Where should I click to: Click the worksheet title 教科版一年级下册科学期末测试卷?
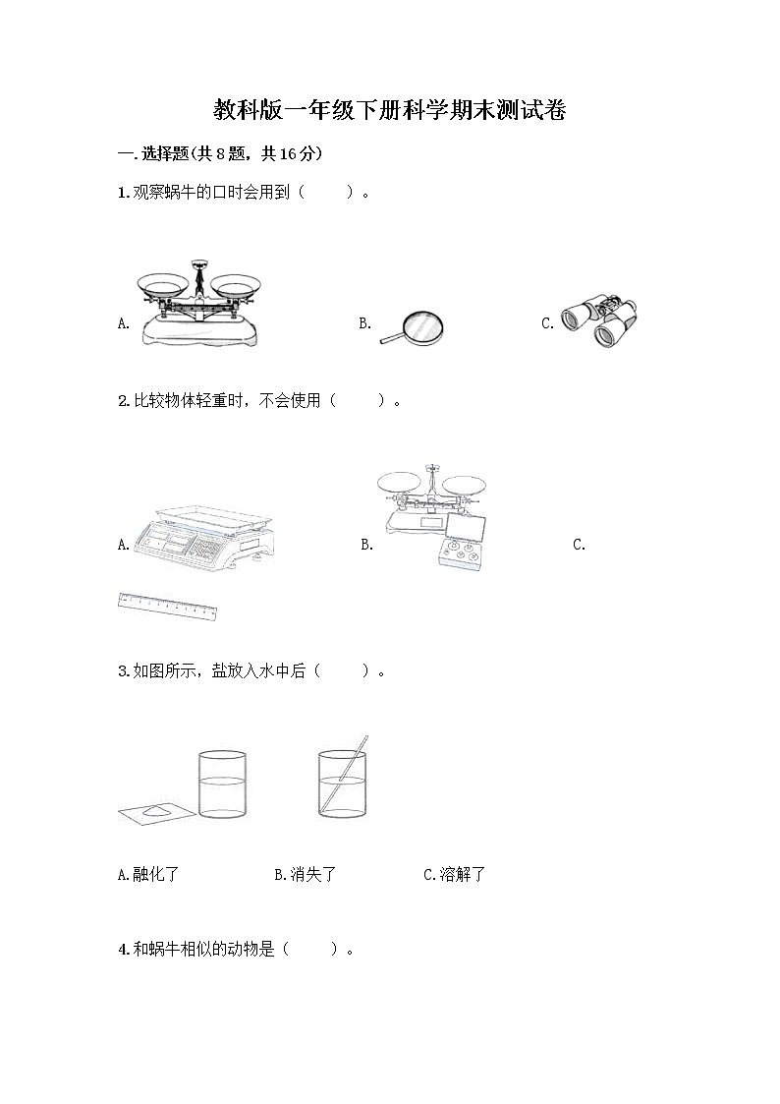coord(390,110)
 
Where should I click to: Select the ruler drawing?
coord(167,607)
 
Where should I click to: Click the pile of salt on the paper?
coord(161,810)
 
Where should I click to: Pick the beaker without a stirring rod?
coord(222,784)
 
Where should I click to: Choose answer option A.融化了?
coord(148,874)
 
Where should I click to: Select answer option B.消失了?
coord(305,874)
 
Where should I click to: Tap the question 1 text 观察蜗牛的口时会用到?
coord(211,193)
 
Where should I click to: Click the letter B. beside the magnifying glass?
coord(364,323)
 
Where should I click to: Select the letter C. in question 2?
coord(579,545)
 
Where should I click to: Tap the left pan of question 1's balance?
coord(163,286)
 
